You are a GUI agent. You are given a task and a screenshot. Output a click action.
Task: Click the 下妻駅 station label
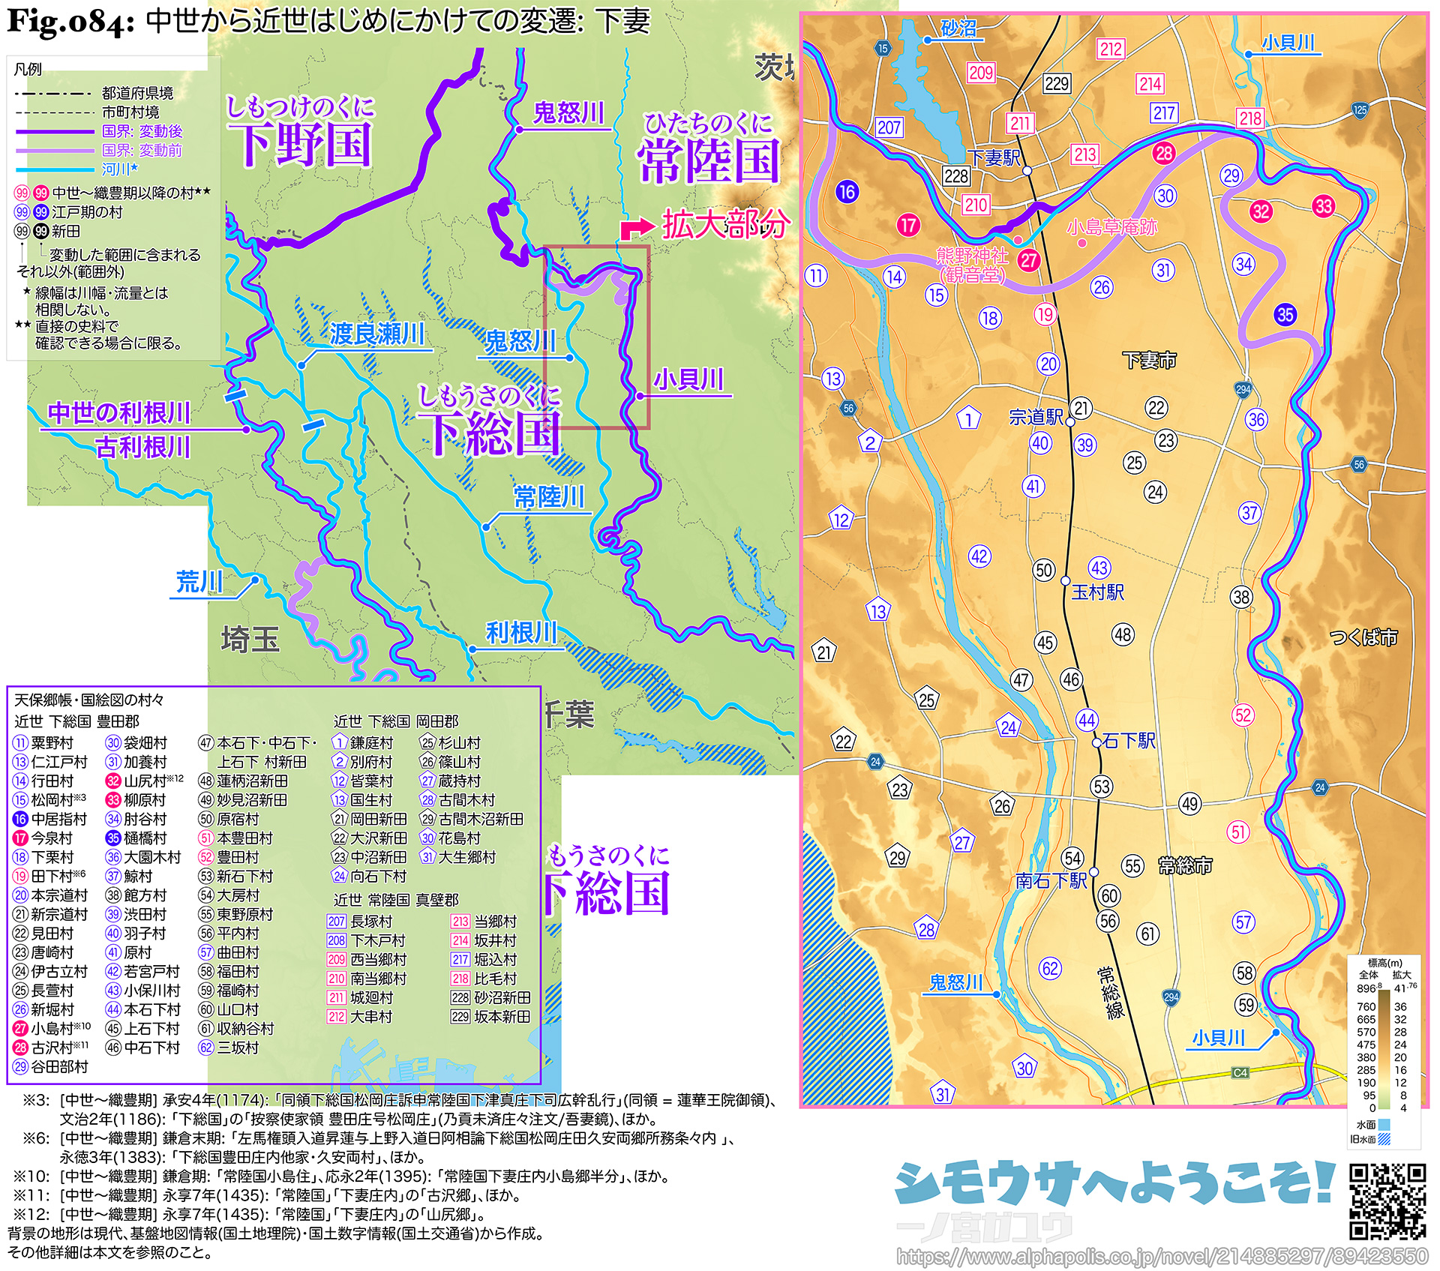[994, 157]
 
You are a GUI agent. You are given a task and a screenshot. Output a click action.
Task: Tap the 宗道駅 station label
[1036, 417]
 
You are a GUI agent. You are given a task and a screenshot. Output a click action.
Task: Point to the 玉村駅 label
[1097, 592]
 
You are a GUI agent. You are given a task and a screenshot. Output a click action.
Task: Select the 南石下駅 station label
[1051, 880]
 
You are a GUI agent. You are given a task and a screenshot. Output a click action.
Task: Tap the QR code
[1387, 1201]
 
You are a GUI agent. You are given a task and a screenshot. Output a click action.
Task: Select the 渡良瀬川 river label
[377, 334]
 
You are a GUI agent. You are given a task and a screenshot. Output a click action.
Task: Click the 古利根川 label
[142, 447]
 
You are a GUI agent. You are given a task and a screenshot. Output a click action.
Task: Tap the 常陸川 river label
[549, 497]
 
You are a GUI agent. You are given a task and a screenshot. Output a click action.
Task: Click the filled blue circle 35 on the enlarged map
[1285, 314]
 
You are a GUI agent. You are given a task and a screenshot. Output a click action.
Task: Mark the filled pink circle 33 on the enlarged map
[1323, 206]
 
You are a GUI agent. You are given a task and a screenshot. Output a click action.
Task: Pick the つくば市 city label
[1363, 637]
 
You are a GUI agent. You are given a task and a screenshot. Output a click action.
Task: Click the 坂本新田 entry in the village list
[502, 1017]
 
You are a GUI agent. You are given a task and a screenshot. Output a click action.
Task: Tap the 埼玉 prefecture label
[250, 640]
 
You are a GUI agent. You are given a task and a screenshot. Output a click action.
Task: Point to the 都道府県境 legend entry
[137, 93]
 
